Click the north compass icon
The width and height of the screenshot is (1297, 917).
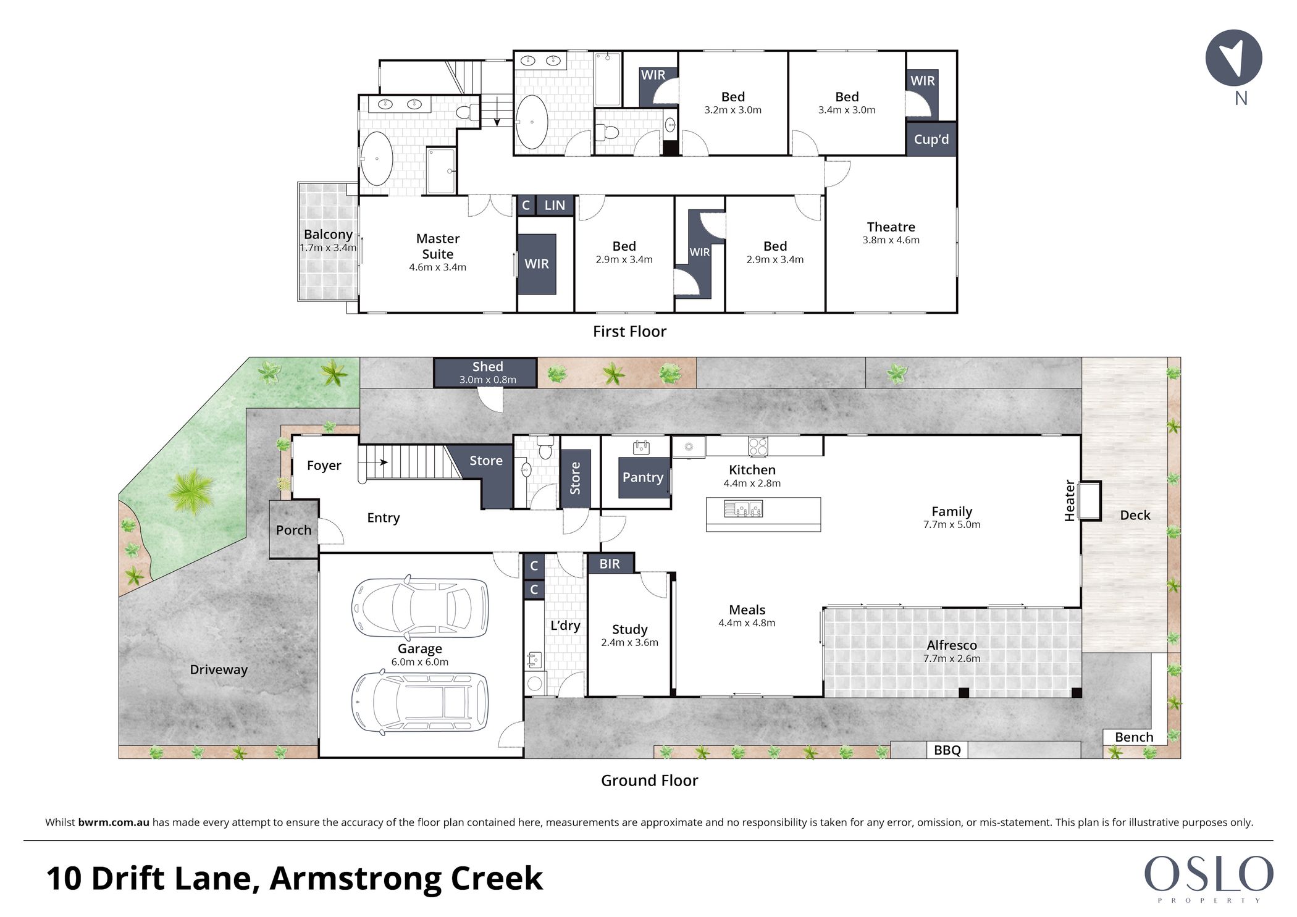1233,57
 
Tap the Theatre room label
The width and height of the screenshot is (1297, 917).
891,227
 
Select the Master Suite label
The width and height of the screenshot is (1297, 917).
437,246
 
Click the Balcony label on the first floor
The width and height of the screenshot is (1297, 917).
328,234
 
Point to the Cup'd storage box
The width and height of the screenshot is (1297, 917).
931,139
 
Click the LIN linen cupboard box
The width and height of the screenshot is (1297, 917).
555,205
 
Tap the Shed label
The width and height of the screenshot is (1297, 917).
487,367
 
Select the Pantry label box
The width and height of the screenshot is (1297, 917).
644,477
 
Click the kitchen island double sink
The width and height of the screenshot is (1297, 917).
744,509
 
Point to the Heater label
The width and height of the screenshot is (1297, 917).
1070,500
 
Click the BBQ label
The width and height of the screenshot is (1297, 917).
947,750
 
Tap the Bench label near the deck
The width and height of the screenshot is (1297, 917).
1134,737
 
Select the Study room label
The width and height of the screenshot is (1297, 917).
629,629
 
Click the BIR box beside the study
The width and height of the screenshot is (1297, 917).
610,563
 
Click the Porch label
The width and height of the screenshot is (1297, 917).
293,530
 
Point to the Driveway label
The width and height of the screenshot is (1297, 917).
219,669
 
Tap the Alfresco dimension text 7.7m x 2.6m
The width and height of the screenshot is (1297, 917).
952,658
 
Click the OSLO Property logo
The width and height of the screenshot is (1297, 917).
1208,877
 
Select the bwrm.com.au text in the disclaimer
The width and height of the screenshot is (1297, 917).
114,823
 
